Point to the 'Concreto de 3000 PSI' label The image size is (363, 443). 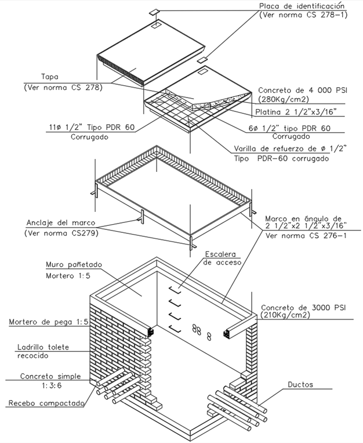[302, 308]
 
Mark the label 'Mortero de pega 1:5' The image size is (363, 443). [49, 322]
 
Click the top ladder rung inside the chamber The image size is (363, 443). [175, 289]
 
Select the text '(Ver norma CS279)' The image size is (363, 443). [61, 233]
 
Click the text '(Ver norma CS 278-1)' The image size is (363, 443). [303, 15]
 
